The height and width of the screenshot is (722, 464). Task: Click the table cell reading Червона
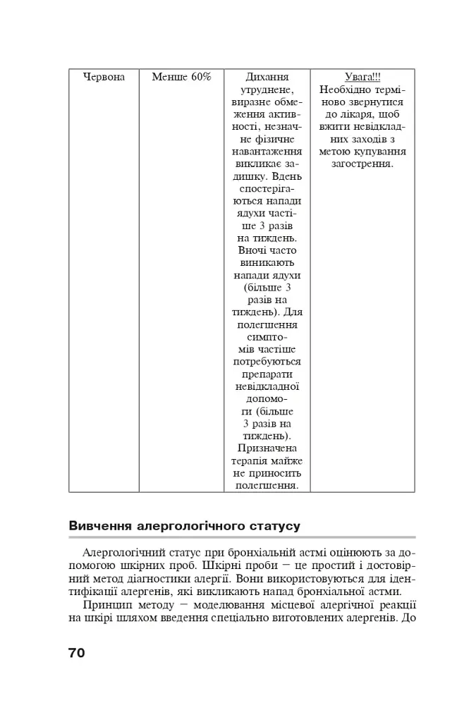click(x=104, y=77)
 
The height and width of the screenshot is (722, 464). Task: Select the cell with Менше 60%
click(x=181, y=77)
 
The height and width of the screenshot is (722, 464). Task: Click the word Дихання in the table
click(x=267, y=77)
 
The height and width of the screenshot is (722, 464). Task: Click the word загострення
click(x=362, y=164)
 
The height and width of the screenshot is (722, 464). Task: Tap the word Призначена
click(x=267, y=448)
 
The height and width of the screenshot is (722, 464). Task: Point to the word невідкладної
click(x=267, y=386)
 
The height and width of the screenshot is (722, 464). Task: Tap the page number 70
click(x=76, y=652)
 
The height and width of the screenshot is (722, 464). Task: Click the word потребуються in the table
click(x=267, y=362)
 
